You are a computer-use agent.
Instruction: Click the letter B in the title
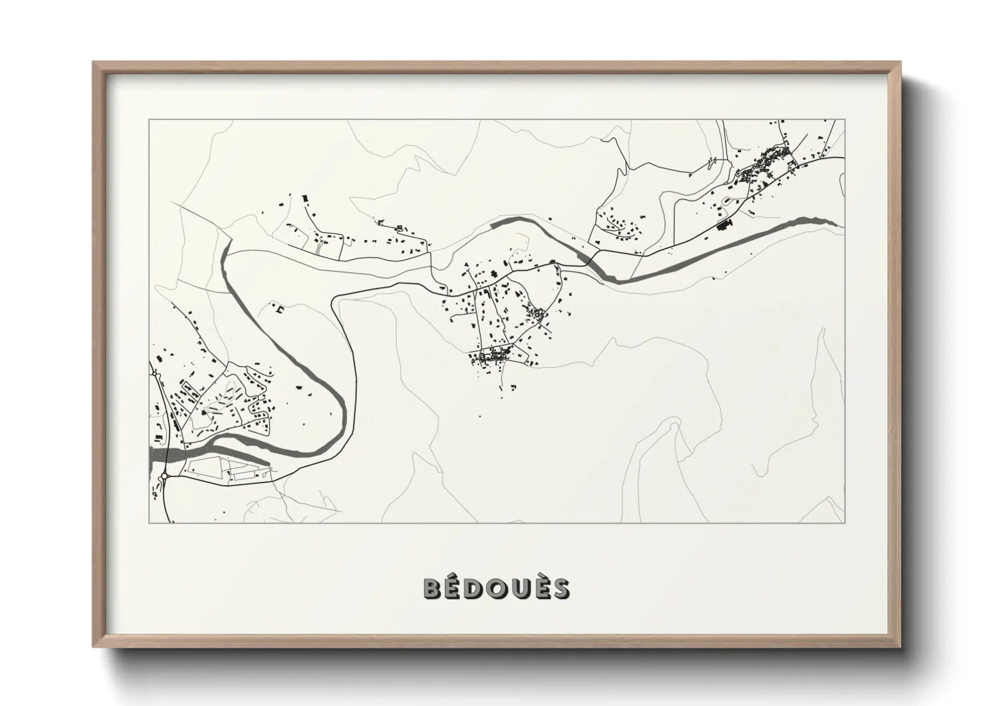[433, 589]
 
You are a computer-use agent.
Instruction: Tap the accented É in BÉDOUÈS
[454, 588]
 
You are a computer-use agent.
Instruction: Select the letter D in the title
[476, 589]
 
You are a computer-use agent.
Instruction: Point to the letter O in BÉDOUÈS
[498, 589]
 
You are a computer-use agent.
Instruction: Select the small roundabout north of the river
[155, 375]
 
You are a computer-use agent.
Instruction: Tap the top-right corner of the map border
[844, 120]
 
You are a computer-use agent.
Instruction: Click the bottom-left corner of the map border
[149, 522]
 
